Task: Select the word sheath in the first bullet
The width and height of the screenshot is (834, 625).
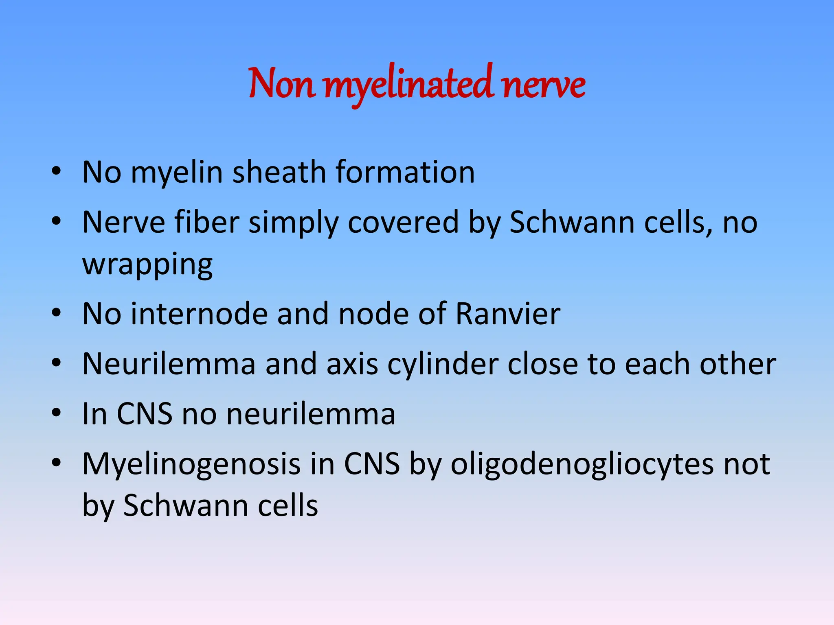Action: (x=279, y=172)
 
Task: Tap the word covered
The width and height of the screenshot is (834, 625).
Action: (x=403, y=222)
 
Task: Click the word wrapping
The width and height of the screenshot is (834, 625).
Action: (x=147, y=265)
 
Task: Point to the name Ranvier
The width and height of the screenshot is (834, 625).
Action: (x=507, y=314)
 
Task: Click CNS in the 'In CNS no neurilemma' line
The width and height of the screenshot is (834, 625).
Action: (x=145, y=414)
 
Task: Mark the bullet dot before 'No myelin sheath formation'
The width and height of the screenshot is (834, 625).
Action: (x=56, y=171)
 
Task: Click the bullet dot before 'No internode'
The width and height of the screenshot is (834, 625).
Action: (x=56, y=313)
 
